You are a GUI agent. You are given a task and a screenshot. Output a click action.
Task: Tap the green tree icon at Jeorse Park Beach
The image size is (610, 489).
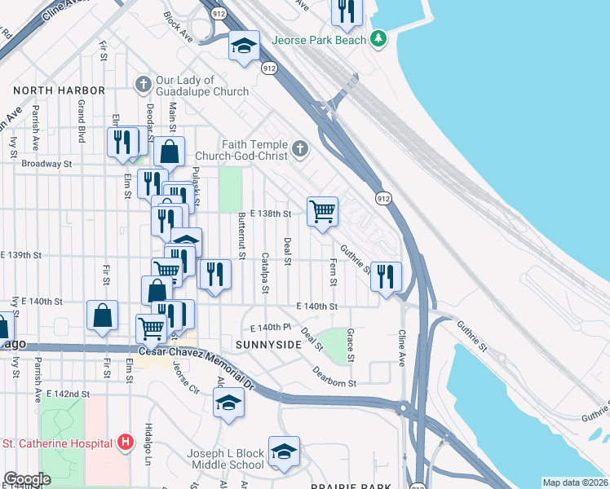point(378,38)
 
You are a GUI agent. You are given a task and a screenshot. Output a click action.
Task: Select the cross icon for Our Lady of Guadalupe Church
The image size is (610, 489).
point(144,85)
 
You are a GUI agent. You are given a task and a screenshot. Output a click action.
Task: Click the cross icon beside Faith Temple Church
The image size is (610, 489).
point(301,148)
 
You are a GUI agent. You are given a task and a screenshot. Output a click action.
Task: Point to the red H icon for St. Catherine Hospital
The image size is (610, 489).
point(126,443)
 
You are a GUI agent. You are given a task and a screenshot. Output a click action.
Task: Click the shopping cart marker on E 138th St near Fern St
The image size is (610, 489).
point(323,211)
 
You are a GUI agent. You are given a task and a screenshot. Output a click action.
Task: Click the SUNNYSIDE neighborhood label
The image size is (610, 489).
point(268,345)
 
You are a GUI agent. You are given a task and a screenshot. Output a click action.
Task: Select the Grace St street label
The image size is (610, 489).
point(350,346)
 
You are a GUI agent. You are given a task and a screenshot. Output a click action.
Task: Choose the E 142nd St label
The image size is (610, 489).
point(67,394)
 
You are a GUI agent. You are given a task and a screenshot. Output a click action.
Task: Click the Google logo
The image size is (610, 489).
point(27,479)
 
